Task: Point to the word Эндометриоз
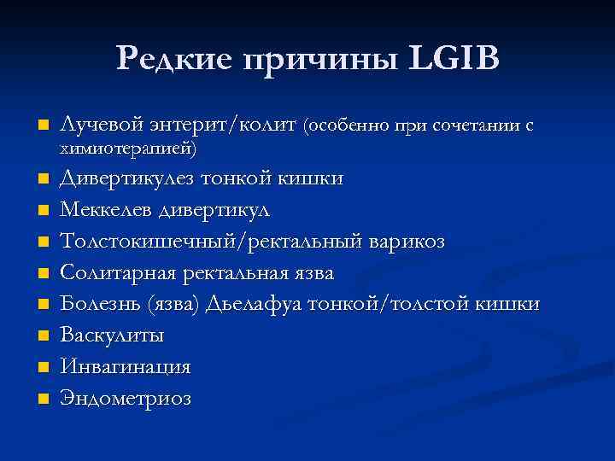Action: point(125,398)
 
